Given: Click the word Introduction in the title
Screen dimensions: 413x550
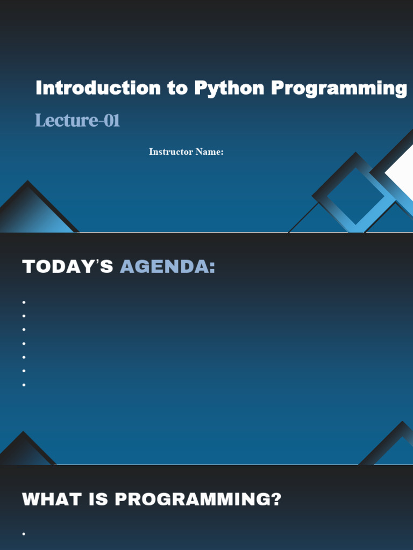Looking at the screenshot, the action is click(98, 88).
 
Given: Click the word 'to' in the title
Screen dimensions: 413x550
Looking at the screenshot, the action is click(177, 88).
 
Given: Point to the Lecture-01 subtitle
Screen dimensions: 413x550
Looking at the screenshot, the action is click(77, 120).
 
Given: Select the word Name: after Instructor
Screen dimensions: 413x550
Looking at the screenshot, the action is click(209, 151).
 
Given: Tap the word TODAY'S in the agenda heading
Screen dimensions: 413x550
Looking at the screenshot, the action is click(67, 266).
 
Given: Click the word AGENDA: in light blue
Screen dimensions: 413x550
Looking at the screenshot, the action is click(168, 266).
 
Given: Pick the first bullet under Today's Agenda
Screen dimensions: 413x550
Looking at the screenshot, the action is click(24, 302).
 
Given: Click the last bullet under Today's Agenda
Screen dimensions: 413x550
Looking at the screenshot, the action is click(24, 385).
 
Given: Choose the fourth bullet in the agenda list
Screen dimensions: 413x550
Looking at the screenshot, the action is click(24, 343).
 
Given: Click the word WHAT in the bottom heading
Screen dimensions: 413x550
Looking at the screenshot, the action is click(52, 499).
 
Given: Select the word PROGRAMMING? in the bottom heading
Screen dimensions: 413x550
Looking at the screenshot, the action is click(198, 499).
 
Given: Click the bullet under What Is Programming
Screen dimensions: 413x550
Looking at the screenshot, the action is click(24, 534).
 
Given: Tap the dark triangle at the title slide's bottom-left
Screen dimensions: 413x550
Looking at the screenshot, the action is click(32, 211).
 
